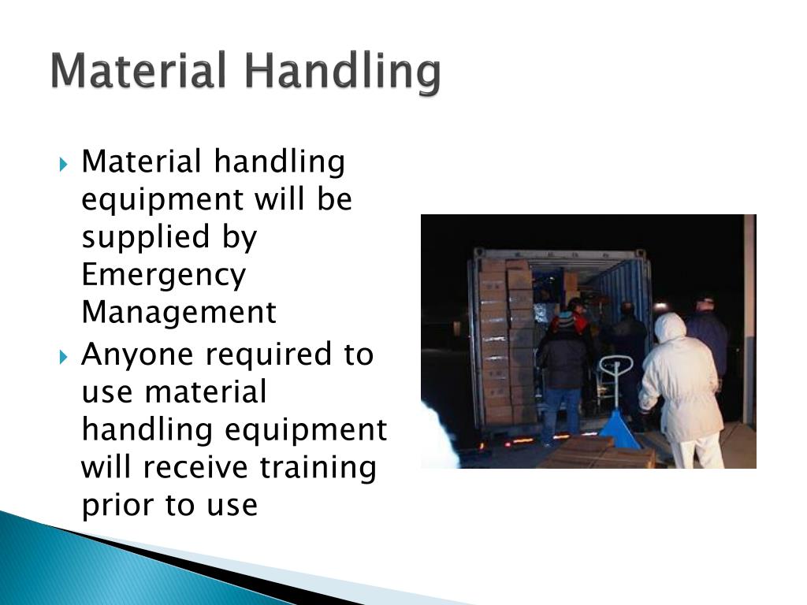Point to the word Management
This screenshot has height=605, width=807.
[179, 313]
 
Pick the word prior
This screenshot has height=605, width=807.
[117, 506]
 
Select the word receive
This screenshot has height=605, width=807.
[216, 468]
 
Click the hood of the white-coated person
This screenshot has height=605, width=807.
[669, 327]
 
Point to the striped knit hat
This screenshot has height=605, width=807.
[565, 319]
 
